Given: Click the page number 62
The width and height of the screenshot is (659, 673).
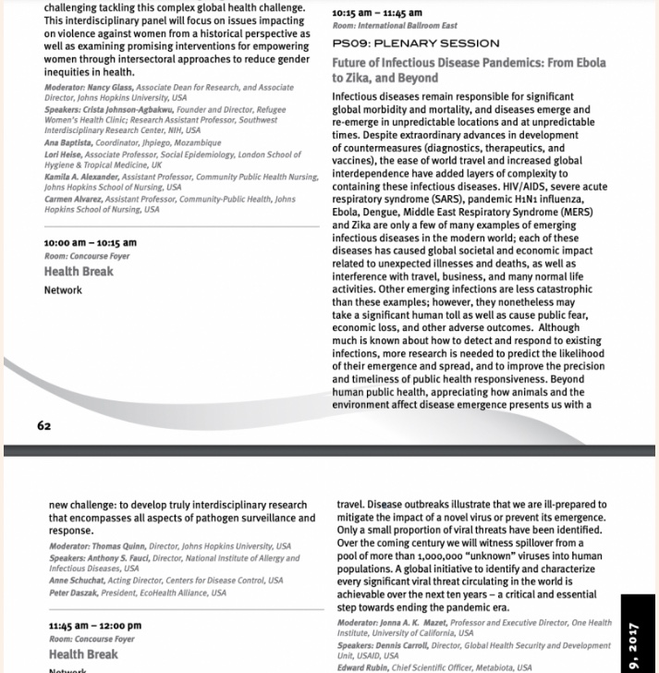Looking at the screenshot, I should click(44, 425).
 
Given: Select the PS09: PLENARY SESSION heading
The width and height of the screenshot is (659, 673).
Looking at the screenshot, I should click(416, 43).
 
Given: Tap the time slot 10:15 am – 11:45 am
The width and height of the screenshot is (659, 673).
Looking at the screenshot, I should click(376, 13).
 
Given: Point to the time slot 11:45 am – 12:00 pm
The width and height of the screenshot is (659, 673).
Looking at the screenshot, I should click(94, 626).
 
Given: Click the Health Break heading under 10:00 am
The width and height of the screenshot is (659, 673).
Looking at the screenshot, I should click(79, 272).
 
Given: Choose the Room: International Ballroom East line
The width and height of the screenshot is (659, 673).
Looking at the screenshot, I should click(395, 26).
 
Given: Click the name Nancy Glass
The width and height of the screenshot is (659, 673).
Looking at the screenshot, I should click(109, 87).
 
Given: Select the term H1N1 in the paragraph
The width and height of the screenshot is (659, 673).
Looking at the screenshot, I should click(499, 199).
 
